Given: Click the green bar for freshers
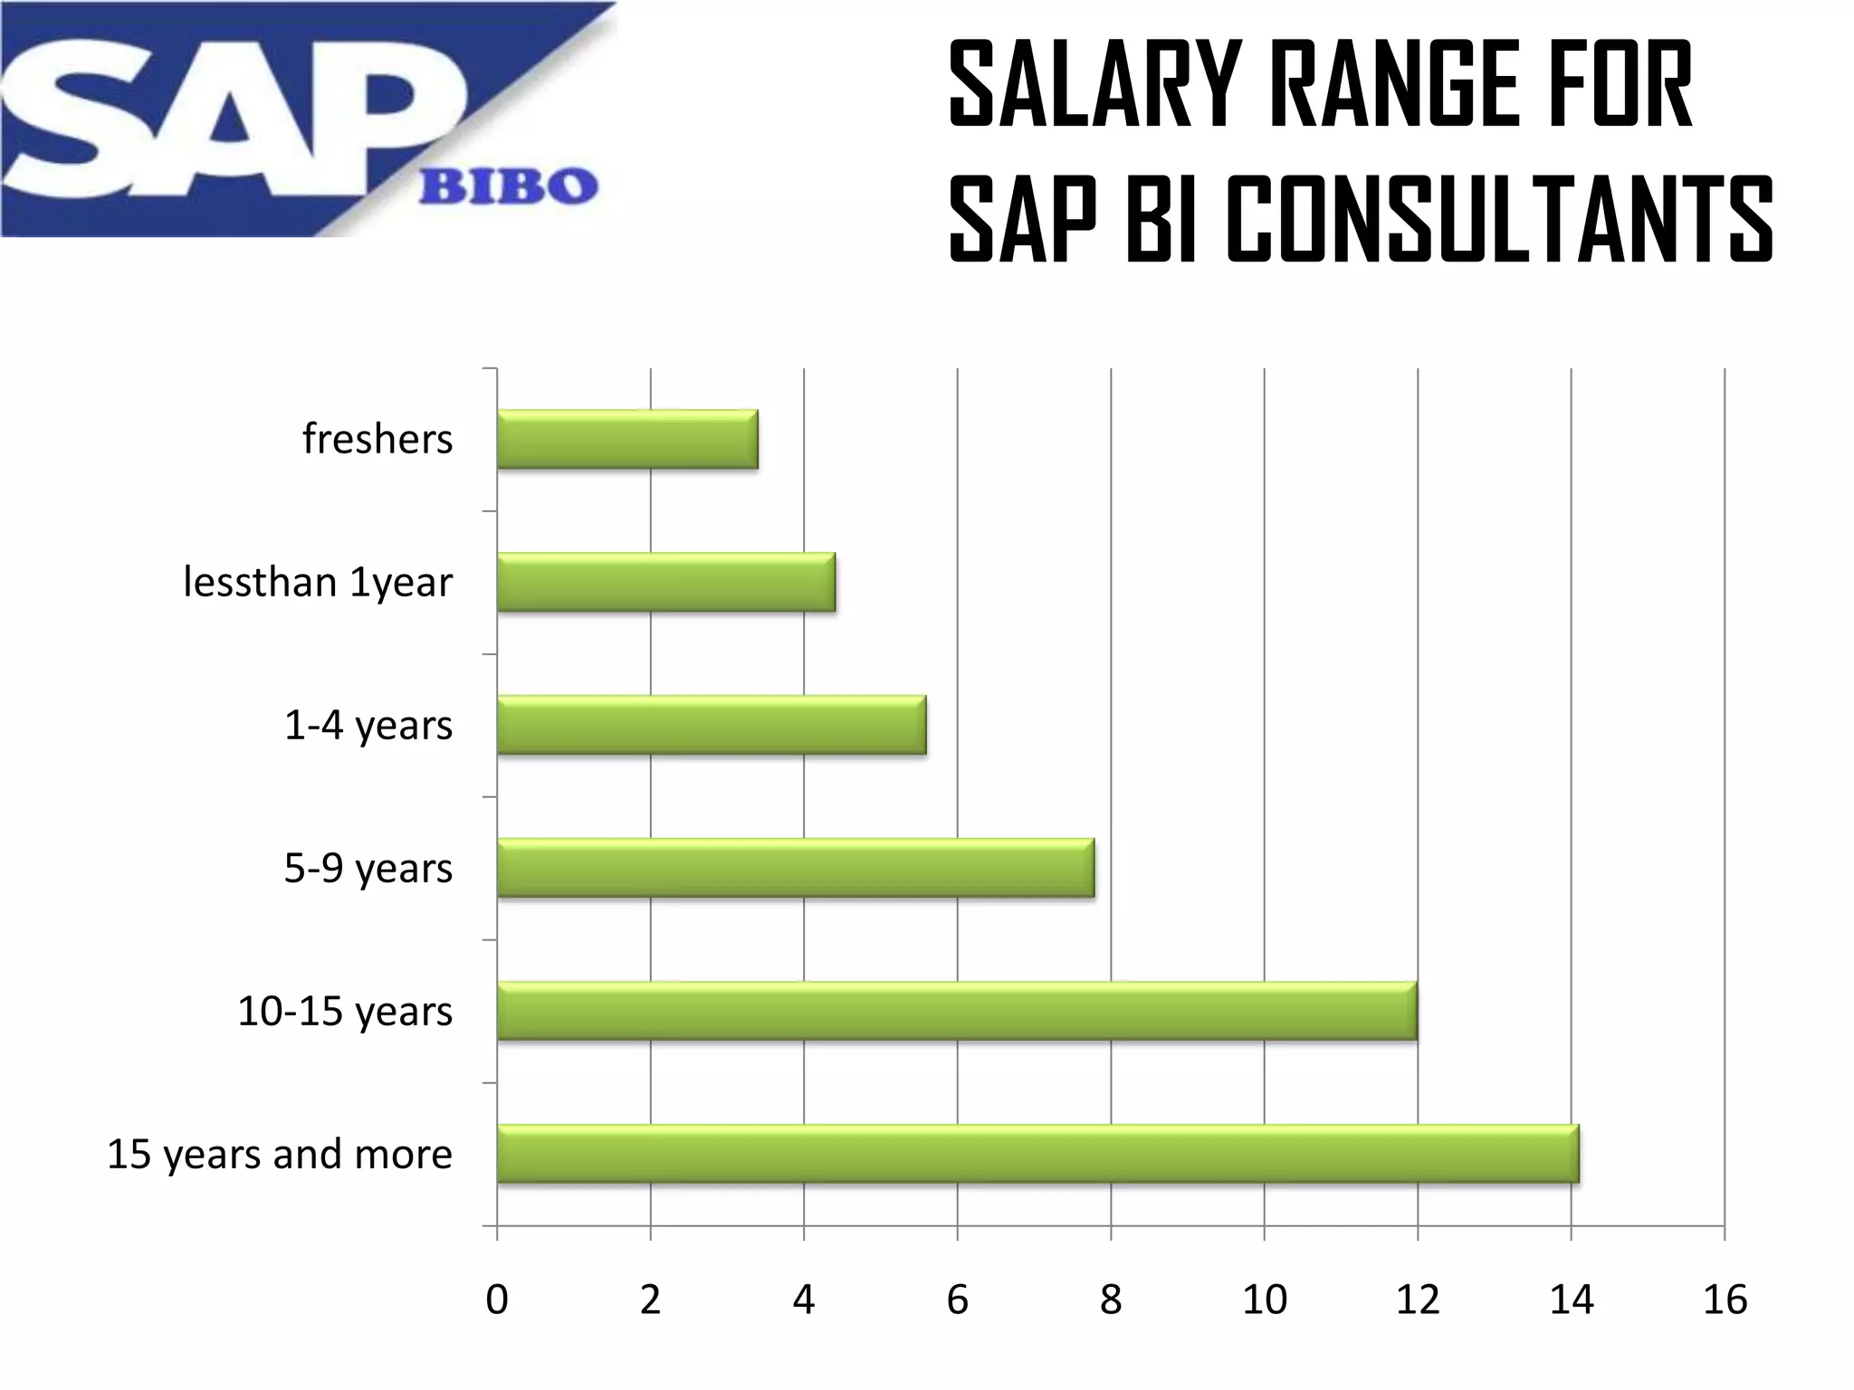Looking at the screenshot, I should coord(627,440).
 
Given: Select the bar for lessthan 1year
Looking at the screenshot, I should coord(666,583).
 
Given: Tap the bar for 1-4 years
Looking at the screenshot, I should coord(712,725).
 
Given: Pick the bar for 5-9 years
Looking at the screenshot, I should coord(796,868).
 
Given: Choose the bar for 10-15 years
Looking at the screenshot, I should coord(957,1011).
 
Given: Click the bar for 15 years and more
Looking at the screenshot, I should coord(1037,1154).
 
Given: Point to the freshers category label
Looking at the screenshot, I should coord(377,440).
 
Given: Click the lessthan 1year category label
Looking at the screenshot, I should coord(318,583).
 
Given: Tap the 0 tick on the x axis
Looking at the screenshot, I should coord(497,1300).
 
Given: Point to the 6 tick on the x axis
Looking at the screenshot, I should coord(957,1300).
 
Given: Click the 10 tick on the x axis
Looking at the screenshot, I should coord(1264,1300).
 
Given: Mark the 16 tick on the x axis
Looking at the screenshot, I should coord(1725,1300).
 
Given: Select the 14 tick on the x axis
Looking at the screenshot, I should coord(1571,1300).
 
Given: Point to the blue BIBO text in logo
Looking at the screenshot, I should coord(508,187).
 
